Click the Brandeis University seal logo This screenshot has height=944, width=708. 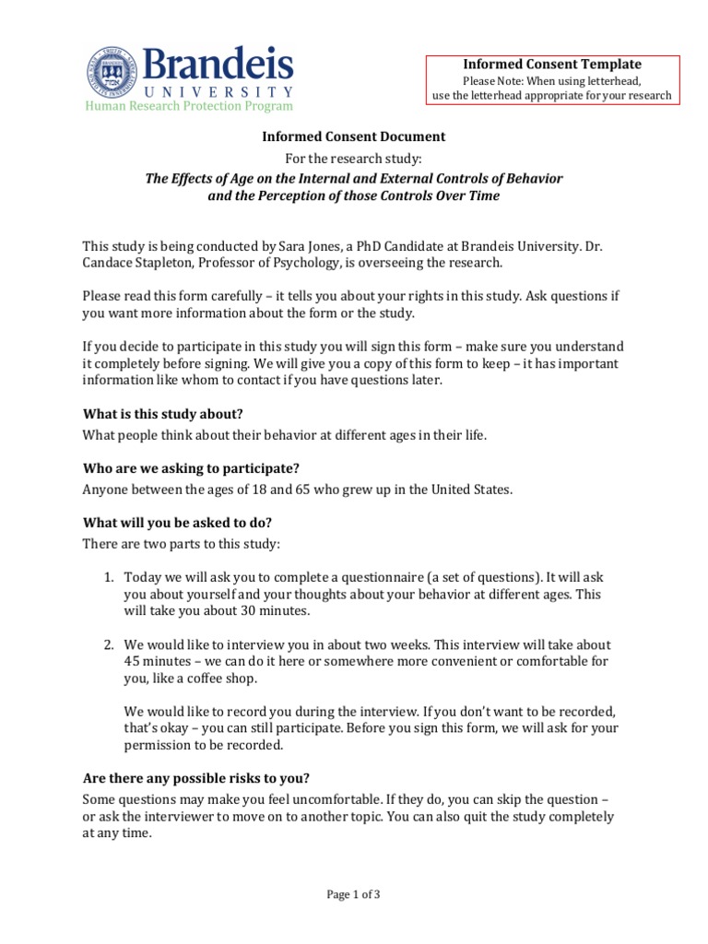(x=112, y=75)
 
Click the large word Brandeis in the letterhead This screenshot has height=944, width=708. (x=218, y=65)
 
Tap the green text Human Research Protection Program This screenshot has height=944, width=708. (x=190, y=107)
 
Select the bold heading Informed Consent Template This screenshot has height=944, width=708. (x=551, y=64)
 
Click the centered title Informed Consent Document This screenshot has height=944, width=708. (x=354, y=136)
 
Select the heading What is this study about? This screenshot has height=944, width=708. (x=163, y=414)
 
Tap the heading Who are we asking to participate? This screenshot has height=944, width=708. (x=191, y=467)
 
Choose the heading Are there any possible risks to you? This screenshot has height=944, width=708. (x=202, y=777)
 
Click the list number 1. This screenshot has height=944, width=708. (x=108, y=577)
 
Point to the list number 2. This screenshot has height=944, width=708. (x=108, y=644)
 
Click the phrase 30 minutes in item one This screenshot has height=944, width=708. (x=270, y=610)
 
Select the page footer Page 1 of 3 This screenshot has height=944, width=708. (x=354, y=893)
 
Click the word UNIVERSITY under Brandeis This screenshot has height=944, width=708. (x=218, y=92)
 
